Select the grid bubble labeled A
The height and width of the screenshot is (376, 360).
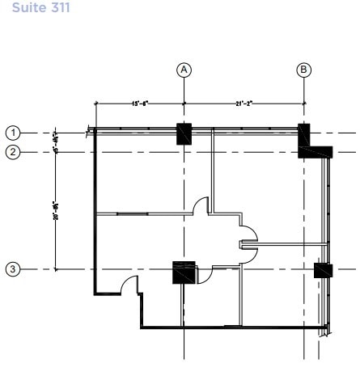(x=184, y=70)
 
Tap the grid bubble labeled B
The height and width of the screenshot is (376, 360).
(x=304, y=70)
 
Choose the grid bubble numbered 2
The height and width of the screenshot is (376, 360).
(x=13, y=151)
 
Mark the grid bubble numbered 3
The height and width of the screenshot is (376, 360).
(x=13, y=268)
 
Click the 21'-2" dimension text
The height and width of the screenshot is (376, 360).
(x=244, y=103)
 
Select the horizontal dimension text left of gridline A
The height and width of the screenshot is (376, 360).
(x=139, y=103)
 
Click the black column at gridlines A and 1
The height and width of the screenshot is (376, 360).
(x=184, y=134)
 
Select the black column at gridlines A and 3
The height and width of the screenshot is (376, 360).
(x=184, y=272)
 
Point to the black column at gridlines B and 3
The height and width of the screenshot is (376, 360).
(x=323, y=270)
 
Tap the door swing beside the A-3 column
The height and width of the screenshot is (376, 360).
(x=204, y=275)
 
